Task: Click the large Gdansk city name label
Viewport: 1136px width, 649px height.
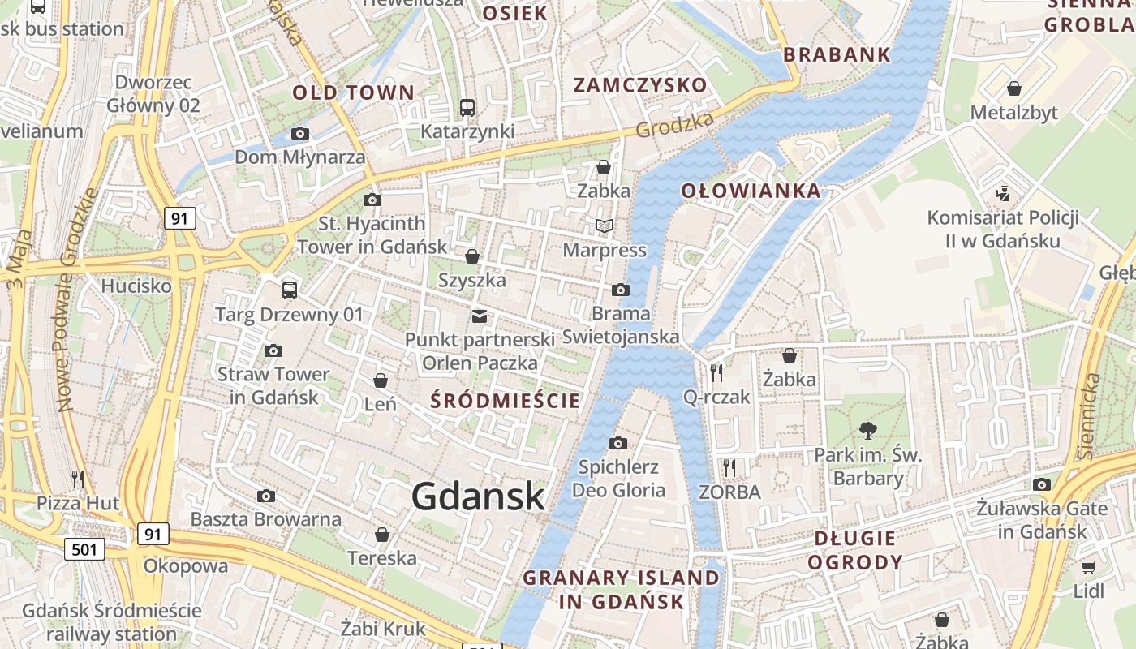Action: click(x=478, y=496)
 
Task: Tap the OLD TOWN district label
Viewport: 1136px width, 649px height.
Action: click(x=354, y=92)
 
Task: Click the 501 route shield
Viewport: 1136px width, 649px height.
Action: click(x=84, y=549)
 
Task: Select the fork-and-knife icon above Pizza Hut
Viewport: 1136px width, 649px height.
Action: click(x=78, y=479)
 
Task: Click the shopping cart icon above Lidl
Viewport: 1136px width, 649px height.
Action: click(x=1088, y=567)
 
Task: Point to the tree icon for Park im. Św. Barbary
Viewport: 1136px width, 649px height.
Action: click(x=868, y=430)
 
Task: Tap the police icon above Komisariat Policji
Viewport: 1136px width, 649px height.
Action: click(x=1004, y=193)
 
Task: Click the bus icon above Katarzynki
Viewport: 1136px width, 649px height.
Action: click(x=467, y=107)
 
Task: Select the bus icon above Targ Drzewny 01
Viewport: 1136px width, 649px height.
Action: click(x=290, y=290)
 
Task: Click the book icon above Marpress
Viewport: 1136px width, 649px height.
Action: click(x=605, y=226)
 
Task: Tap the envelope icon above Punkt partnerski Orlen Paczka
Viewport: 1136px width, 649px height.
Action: click(x=480, y=316)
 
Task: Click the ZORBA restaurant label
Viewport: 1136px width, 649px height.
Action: click(x=730, y=492)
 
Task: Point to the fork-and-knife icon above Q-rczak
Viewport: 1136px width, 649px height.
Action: click(x=716, y=372)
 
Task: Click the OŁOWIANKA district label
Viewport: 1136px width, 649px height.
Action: click(x=751, y=191)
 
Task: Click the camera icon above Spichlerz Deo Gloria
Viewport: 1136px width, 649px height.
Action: click(x=618, y=443)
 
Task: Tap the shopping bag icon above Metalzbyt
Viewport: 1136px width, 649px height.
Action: click(x=1013, y=88)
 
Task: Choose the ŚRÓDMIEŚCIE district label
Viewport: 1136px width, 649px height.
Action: click(x=506, y=400)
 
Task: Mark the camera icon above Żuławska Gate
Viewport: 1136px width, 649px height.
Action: click(x=1043, y=485)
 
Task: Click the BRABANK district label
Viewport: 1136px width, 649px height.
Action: click(x=837, y=55)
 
